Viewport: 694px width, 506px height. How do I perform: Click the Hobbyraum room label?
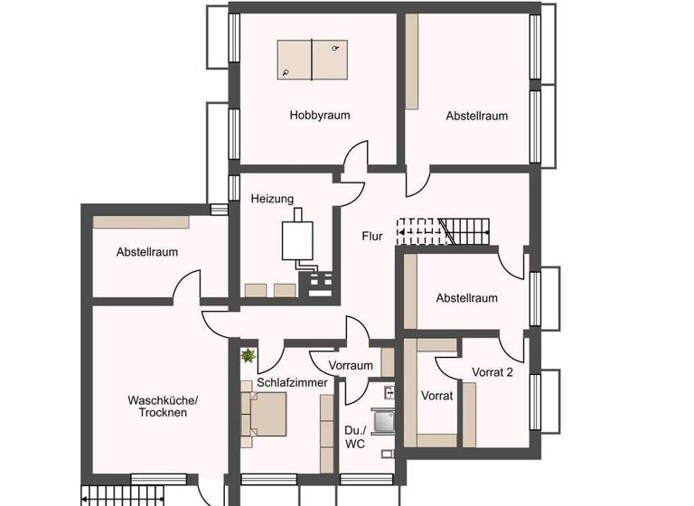(319, 116)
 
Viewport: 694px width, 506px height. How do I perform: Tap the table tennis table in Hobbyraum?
(312, 60)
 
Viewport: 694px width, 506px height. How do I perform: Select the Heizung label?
(272, 199)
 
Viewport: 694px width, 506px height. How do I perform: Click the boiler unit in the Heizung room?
(295, 239)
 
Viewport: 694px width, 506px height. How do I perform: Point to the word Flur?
(372, 238)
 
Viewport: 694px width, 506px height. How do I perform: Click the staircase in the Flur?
(443, 231)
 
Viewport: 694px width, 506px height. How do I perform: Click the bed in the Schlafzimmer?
(267, 414)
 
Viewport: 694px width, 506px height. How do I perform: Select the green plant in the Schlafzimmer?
(248, 357)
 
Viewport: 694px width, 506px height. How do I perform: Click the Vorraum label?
(351, 366)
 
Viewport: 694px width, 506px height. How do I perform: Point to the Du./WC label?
(356, 436)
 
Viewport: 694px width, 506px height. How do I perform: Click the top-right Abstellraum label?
(476, 116)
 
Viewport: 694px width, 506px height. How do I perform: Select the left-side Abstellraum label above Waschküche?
(147, 252)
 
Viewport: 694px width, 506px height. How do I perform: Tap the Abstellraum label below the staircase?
(466, 297)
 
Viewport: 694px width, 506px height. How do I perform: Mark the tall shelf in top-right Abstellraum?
(412, 61)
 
